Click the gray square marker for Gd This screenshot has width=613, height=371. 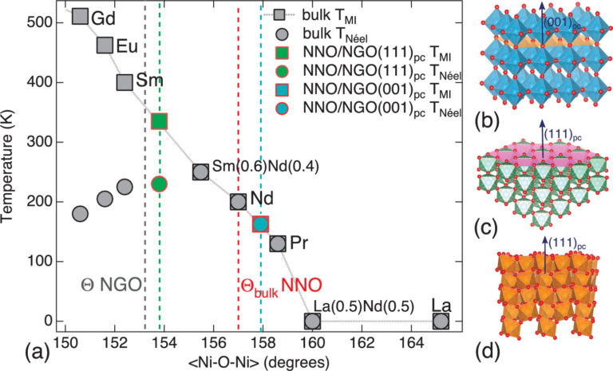pos(80,16)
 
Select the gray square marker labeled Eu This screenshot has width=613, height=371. pos(104,45)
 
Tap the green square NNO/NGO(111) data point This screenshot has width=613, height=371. pos(159,121)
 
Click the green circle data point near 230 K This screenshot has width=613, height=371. pos(159,184)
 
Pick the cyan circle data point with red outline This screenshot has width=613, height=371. pos(260,224)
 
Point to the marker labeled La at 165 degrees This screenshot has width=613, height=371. pos(441,321)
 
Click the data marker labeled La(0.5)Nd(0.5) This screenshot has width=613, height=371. pos(312,321)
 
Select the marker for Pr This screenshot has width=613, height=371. pos(278,243)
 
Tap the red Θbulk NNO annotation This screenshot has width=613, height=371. pos(280,284)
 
